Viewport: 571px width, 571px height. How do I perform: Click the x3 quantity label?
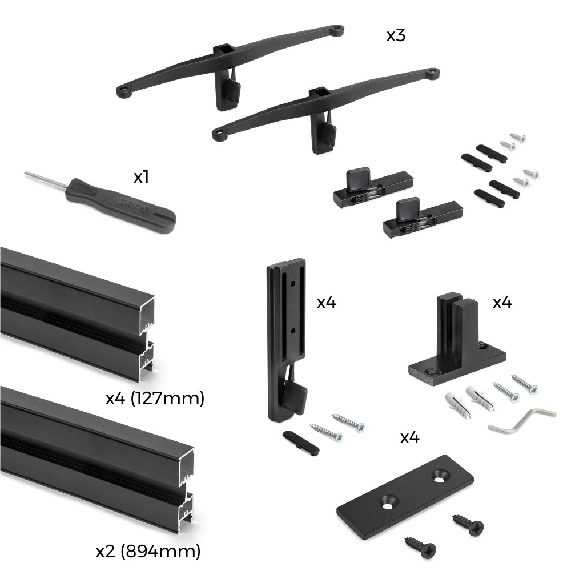(x=396, y=35)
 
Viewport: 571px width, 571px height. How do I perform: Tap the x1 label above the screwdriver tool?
(x=141, y=177)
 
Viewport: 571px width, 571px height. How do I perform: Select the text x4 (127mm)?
(x=155, y=398)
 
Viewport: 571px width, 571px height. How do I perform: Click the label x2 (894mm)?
(x=148, y=552)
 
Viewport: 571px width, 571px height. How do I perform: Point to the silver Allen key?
(x=522, y=420)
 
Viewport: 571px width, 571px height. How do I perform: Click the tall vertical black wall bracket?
(x=285, y=337)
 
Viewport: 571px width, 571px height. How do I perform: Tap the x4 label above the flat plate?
(x=409, y=438)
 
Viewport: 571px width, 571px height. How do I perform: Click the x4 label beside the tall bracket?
(x=327, y=303)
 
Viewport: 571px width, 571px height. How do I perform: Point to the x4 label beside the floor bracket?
(x=502, y=303)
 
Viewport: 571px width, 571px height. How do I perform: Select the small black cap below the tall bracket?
(x=299, y=441)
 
